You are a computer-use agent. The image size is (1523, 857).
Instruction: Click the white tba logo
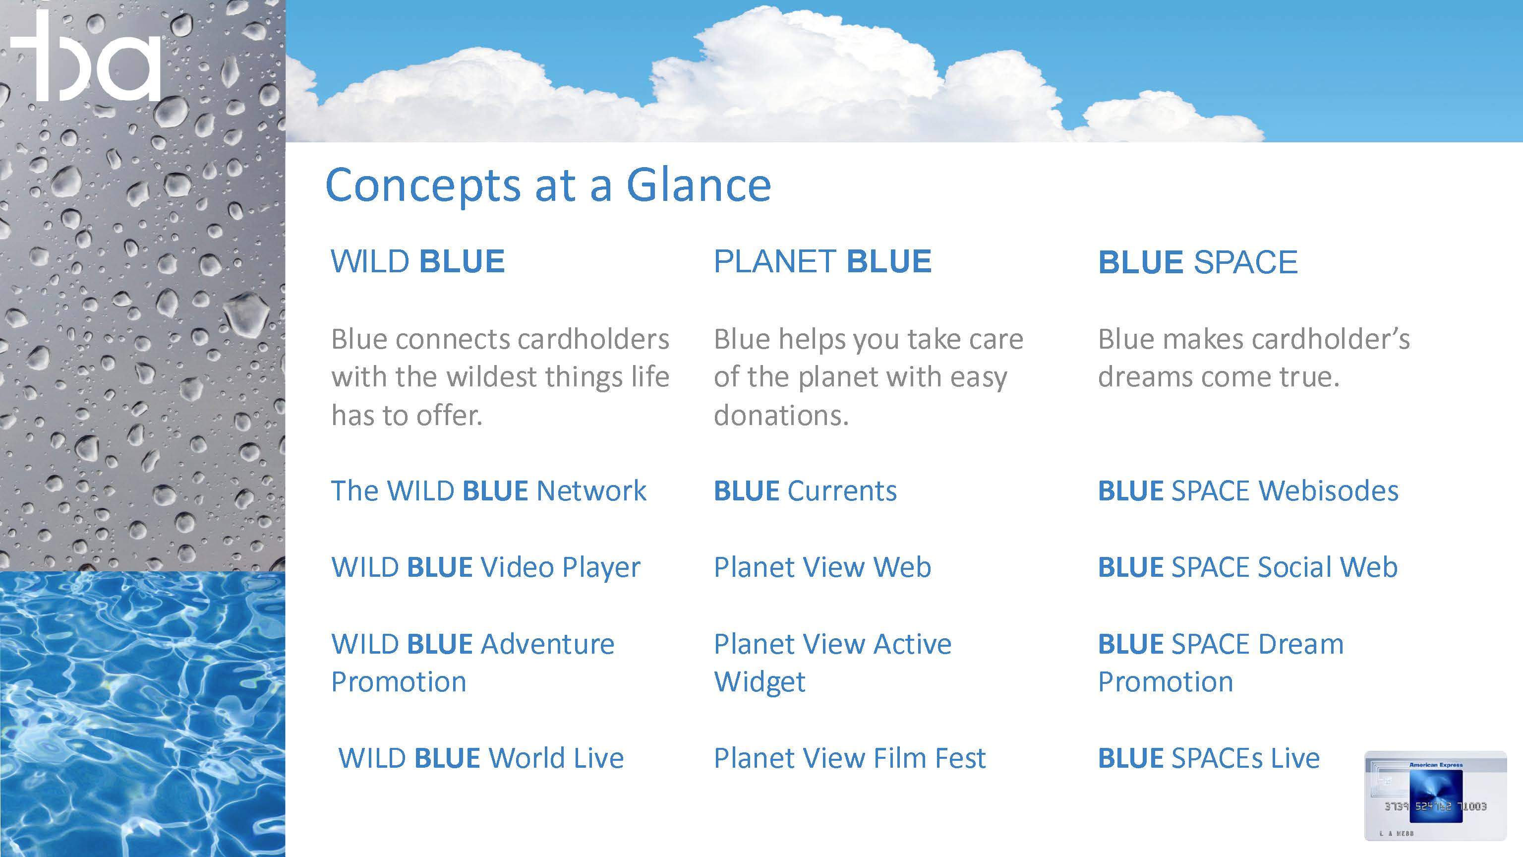pyautogui.click(x=86, y=56)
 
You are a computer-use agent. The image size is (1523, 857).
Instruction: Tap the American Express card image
pyautogui.click(x=1435, y=796)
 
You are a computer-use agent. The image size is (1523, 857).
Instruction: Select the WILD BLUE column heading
pyautogui.click(x=417, y=261)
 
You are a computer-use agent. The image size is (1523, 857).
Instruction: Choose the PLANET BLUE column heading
pyautogui.click(x=822, y=261)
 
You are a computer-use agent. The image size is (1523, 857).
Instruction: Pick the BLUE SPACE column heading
pyautogui.click(x=1198, y=262)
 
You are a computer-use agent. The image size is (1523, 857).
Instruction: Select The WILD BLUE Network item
pyautogui.click(x=488, y=491)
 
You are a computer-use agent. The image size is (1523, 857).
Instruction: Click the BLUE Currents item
pyautogui.click(x=805, y=491)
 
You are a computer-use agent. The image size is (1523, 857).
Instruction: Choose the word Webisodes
pyautogui.click(x=1329, y=491)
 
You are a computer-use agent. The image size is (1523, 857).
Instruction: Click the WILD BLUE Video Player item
pyautogui.click(x=485, y=567)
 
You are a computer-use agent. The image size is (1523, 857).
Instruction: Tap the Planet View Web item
pyautogui.click(x=822, y=567)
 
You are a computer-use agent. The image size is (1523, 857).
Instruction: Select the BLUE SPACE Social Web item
pyautogui.click(x=1247, y=567)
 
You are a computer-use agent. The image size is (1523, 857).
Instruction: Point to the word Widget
pyautogui.click(x=760, y=682)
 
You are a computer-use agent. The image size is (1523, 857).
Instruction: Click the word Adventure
pyautogui.click(x=548, y=644)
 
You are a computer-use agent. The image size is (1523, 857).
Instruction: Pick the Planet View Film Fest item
pyautogui.click(x=850, y=758)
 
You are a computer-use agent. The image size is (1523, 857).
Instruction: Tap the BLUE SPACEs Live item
pyautogui.click(x=1209, y=758)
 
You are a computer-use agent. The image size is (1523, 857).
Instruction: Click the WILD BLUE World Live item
pyautogui.click(x=481, y=758)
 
